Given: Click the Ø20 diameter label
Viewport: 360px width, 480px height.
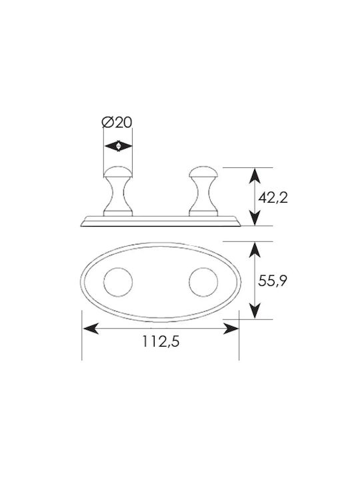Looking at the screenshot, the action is tap(117, 123).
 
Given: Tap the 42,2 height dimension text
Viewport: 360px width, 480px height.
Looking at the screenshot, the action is tap(273, 198).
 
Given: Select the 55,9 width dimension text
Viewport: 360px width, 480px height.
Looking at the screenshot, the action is tap(273, 281).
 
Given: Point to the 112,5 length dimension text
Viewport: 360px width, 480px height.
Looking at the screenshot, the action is tap(161, 341).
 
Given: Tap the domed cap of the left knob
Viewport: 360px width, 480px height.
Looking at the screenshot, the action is tap(118, 172).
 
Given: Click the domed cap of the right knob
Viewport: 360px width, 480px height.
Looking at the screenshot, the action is tap(203, 172).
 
